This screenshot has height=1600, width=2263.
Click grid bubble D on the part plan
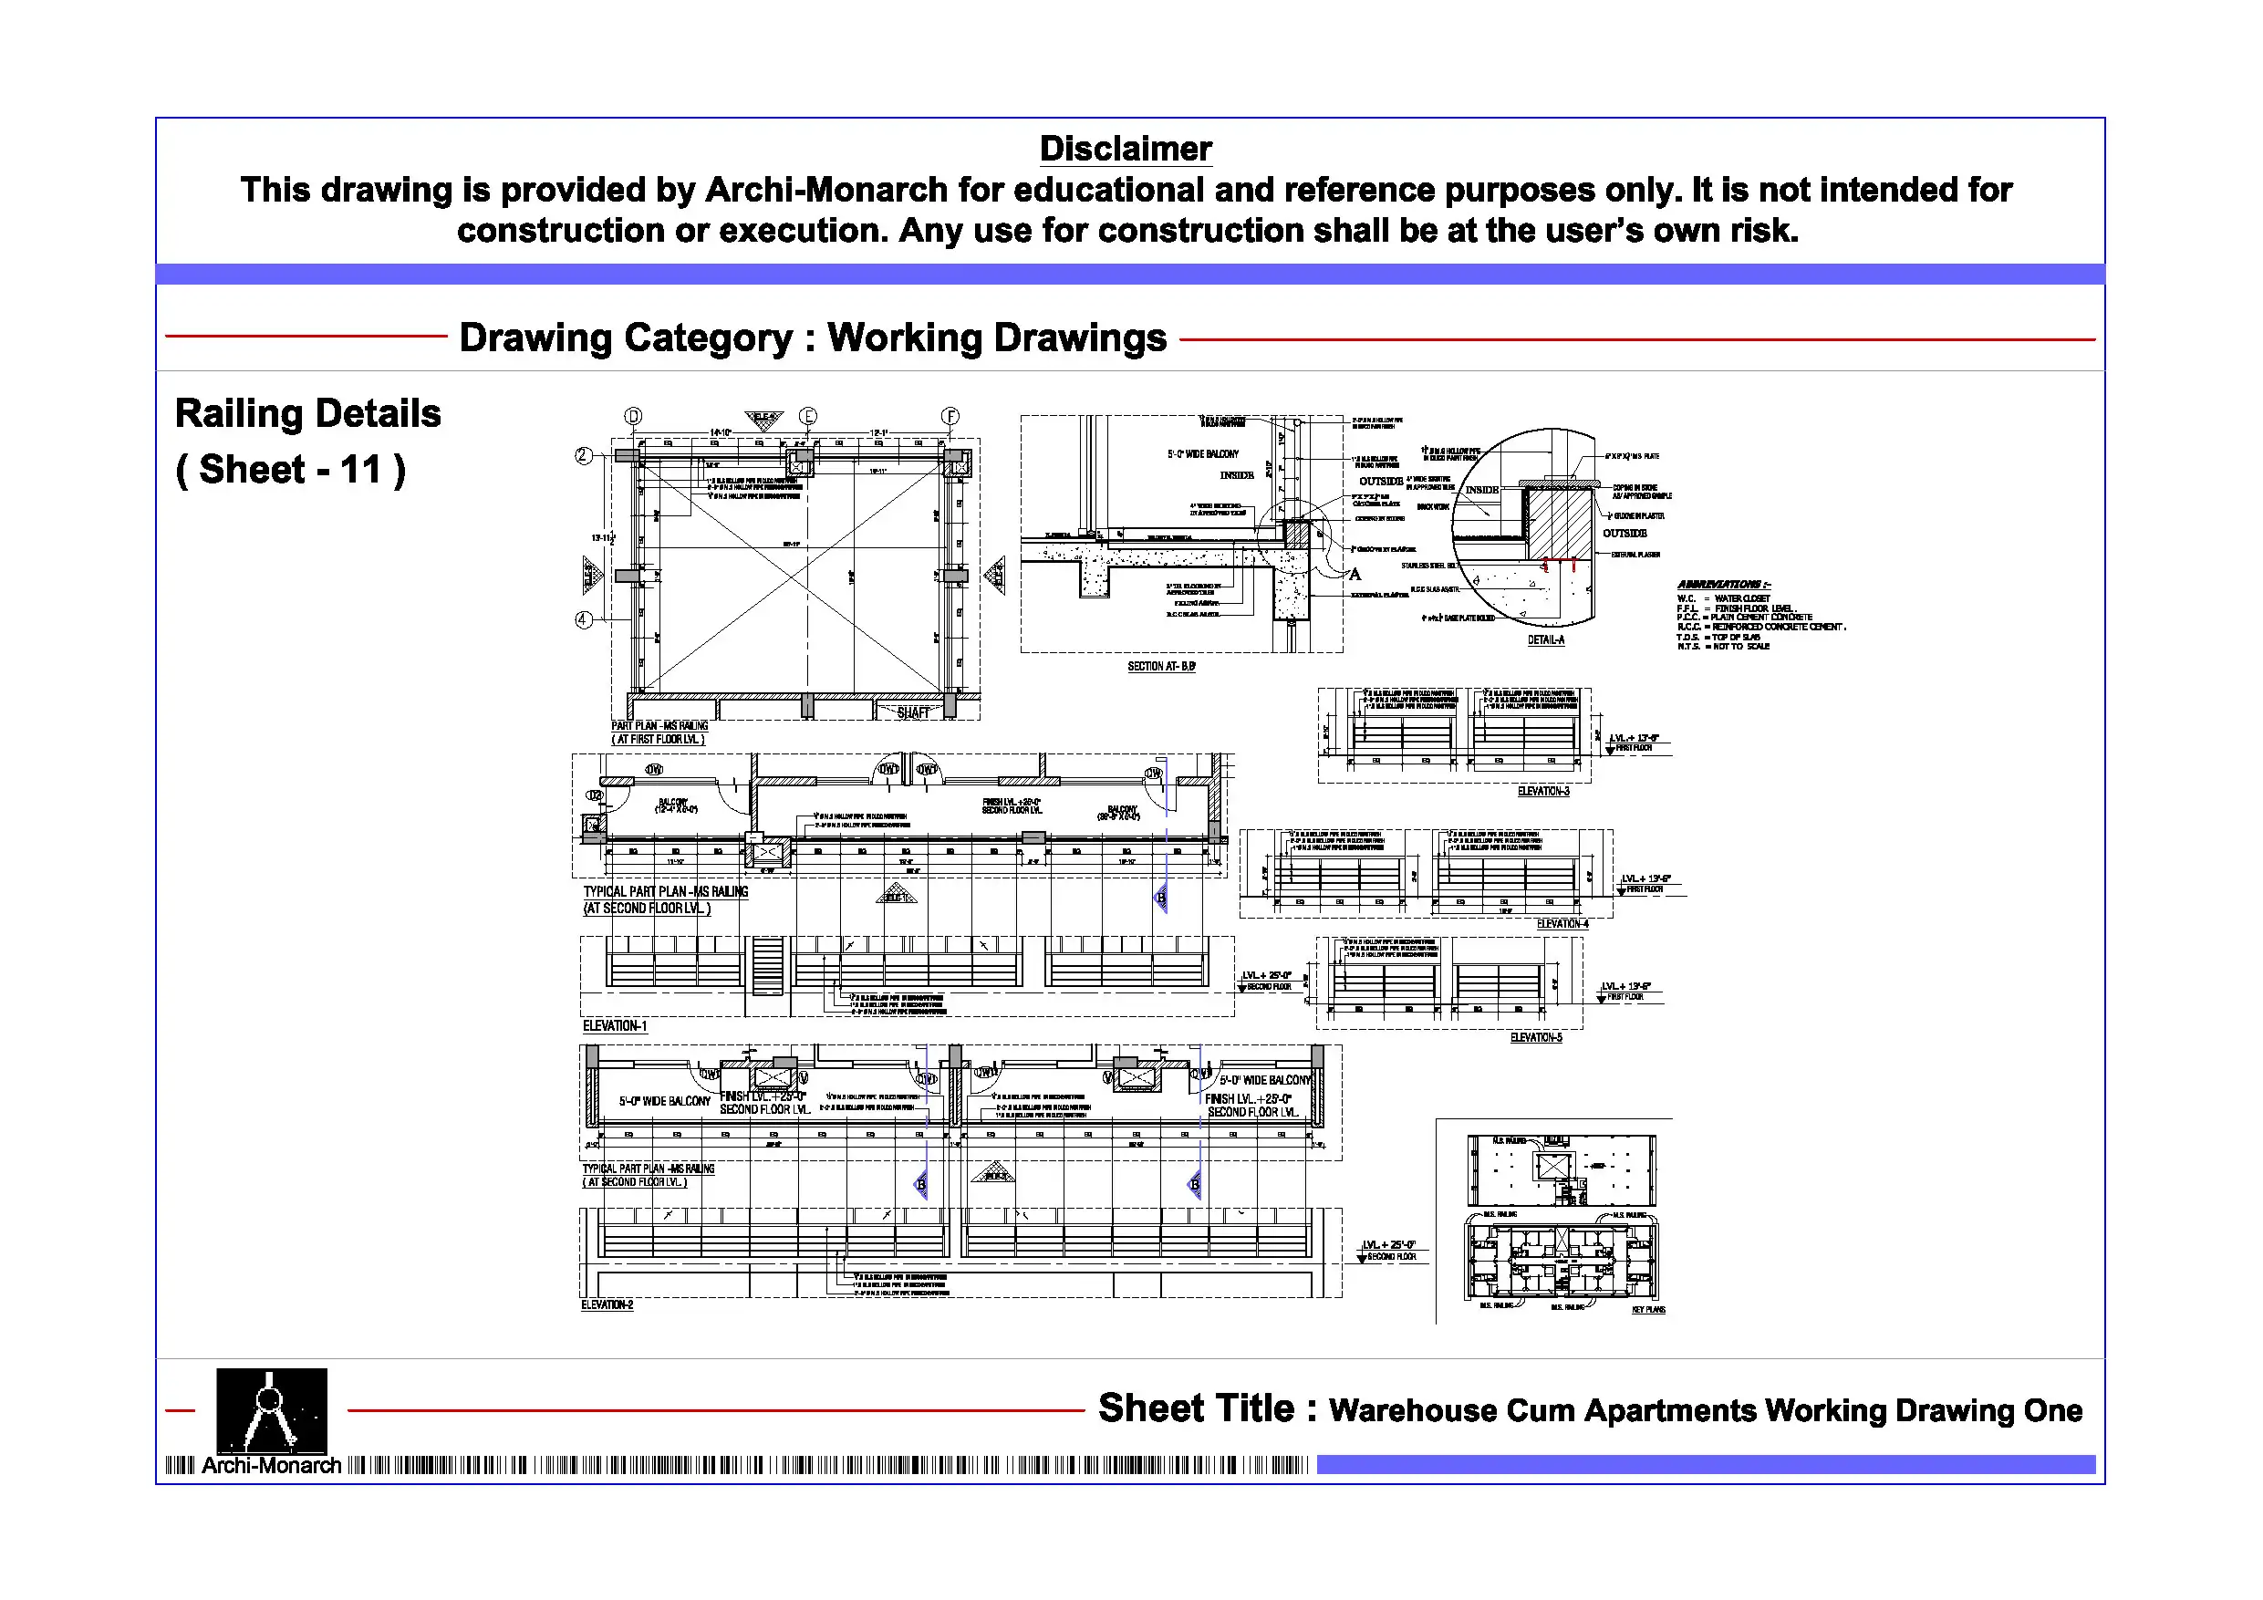(x=634, y=416)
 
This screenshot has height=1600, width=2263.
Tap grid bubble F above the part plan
(x=950, y=416)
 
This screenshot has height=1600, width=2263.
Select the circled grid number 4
(x=584, y=620)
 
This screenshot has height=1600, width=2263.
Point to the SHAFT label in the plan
(x=913, y=712)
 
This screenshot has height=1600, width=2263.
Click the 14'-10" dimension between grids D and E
(x=721, y=432)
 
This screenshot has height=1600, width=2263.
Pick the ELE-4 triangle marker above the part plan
(x=763, y=420)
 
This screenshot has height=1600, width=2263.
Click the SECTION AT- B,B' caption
(x=1161, y=668)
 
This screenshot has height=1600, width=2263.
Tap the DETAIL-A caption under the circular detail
(x=1545, y=640)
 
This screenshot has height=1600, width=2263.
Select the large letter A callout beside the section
(x=1355, y=575)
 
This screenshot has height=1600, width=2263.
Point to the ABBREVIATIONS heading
(x=1723, y=585)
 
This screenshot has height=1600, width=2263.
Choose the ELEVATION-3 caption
(x=1543, y=792)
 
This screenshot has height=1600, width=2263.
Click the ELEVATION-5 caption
(x=1536, y=1038)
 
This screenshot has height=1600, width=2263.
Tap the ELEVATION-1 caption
(x=614, y=1026)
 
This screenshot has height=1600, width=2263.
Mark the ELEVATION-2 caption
(x=607, y=1305)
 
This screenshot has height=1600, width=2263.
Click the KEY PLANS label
(x=1648, y=1310)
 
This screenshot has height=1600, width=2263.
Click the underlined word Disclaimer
(x=1126, y=149)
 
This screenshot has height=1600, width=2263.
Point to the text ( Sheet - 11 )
(x=291, y=469)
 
